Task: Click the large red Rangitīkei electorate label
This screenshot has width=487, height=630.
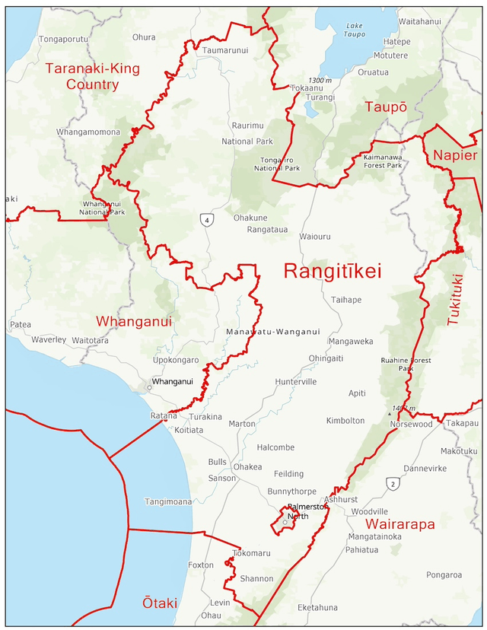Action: [x=332, y=272]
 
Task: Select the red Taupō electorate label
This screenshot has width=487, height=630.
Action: [x=385, y=107]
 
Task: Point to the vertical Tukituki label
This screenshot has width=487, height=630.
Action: [x=455, y=300]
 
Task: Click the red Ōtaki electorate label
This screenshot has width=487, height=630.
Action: [x=160, y=603]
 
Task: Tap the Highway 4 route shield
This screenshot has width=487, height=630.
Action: [x=206, y=220]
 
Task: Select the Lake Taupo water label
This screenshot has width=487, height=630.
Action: [x=355, y=30]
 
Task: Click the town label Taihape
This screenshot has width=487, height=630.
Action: [x=346, y=300]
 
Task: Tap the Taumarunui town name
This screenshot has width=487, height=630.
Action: [x=225, y=50]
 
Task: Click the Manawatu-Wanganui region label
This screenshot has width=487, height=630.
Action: [x=273, y=332]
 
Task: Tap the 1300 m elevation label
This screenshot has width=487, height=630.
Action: [x=320, y=81]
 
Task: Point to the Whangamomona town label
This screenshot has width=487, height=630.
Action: [x=88, y=132]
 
